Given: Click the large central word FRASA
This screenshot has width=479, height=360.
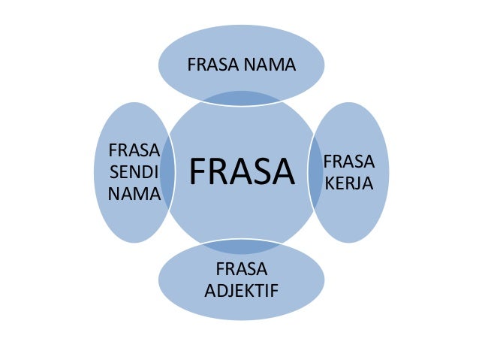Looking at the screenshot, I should [240, 171].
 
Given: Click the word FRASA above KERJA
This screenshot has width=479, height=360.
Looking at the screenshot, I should [349, 162].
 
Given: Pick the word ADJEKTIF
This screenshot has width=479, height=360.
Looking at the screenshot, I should [240, 288].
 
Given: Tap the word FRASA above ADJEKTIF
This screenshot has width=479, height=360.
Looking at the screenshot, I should [240, 268].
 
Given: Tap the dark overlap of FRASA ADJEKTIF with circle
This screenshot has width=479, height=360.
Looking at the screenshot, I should [240, 246].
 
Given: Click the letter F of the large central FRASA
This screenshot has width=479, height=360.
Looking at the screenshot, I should [197, 171].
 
